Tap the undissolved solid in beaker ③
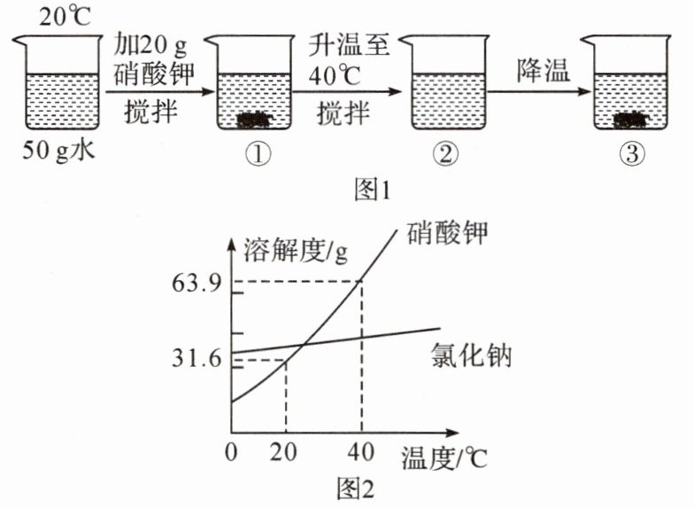630,119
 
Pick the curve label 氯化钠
472,356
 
